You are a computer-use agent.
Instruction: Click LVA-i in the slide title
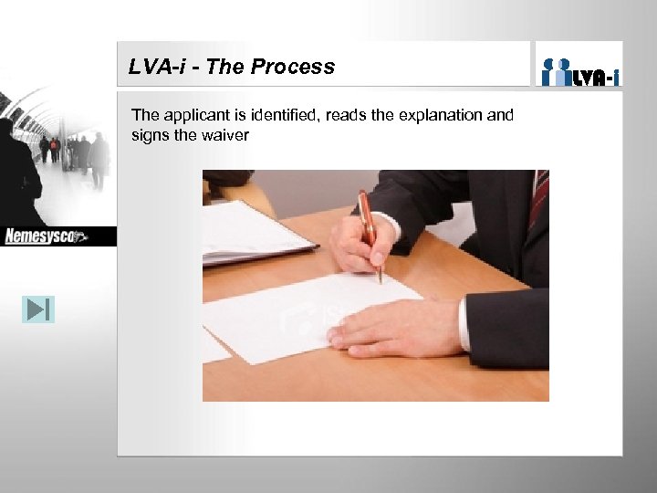(x=155, y=67)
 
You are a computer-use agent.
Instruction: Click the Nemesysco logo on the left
(x=46, y=236)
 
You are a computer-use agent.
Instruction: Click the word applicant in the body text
(x=196, y=116)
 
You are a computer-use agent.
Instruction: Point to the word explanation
(x=436, y=116)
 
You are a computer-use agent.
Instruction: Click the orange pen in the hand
(x=370, y=228)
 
